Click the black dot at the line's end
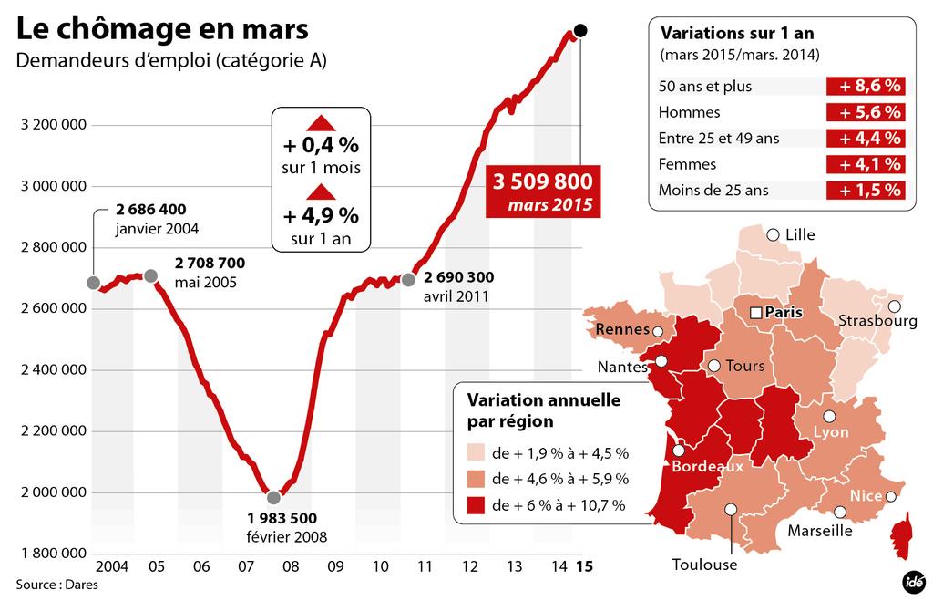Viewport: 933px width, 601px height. (581, 31)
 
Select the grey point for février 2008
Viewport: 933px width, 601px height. (273, 498)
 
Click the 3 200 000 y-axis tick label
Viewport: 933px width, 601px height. (53, 125)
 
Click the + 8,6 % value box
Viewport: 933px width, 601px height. (865, 87)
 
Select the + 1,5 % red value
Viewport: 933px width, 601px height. (865, 191)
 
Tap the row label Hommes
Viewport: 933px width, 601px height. (689, 113)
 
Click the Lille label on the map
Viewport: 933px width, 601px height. (799, 235)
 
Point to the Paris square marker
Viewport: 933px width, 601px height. (754, 313)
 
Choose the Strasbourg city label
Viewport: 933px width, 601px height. (877, 321)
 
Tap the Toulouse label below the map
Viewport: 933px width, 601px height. (704, 565)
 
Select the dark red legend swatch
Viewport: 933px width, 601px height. (474, 504)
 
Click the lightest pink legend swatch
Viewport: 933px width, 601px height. (474, 453)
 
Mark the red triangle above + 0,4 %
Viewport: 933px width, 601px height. (320, 124)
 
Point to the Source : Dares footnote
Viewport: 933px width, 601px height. (56, 585)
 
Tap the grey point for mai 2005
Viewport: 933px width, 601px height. (151, 275)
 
